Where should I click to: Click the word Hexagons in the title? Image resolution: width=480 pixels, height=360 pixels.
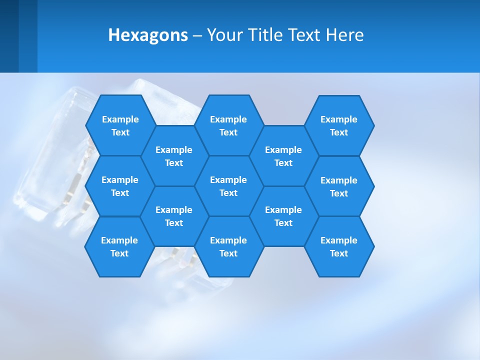(148, 35)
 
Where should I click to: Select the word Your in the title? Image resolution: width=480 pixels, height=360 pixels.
(221, 35)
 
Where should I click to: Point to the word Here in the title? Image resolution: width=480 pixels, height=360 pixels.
(345, 35)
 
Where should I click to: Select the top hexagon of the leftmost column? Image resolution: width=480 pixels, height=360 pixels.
(120, 125)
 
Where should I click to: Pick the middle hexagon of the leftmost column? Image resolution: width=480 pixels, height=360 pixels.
(120, 186)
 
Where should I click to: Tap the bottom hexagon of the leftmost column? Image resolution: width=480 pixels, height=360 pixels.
(119, 246)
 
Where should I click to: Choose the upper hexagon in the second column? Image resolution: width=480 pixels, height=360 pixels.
(174, 156)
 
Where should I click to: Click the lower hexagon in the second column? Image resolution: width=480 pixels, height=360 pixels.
(174, 216)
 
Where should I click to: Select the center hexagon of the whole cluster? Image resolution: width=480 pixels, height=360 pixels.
(228, 186)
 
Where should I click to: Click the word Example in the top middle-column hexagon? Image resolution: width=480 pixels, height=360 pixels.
(228, 119)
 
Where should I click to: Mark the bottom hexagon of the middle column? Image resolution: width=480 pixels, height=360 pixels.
(228, 246)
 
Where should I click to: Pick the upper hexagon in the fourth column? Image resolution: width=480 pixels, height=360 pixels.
(283, 156)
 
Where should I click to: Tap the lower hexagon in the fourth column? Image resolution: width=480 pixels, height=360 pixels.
(283, 216)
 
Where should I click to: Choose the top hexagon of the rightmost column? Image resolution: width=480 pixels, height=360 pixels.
(339, 125)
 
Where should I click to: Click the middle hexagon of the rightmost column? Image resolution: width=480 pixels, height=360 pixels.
(339, 186)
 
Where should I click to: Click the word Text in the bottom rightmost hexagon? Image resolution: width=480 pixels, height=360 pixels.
(339, 253)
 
